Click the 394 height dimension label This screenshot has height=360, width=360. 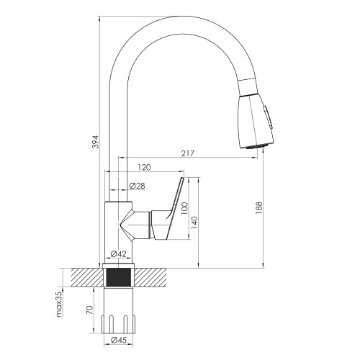(95, 142)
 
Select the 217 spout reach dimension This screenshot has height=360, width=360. (188, 153)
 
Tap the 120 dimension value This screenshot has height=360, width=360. (144, 167)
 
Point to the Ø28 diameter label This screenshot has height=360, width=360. (137, 186)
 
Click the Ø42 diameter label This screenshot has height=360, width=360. (118, 253)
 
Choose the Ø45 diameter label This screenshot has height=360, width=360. (118, 340)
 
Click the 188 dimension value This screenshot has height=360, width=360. (259, 208)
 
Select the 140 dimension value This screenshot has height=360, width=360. (194, 222)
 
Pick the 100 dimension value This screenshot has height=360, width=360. (184, 209)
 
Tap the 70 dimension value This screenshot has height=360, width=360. (89, 310)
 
